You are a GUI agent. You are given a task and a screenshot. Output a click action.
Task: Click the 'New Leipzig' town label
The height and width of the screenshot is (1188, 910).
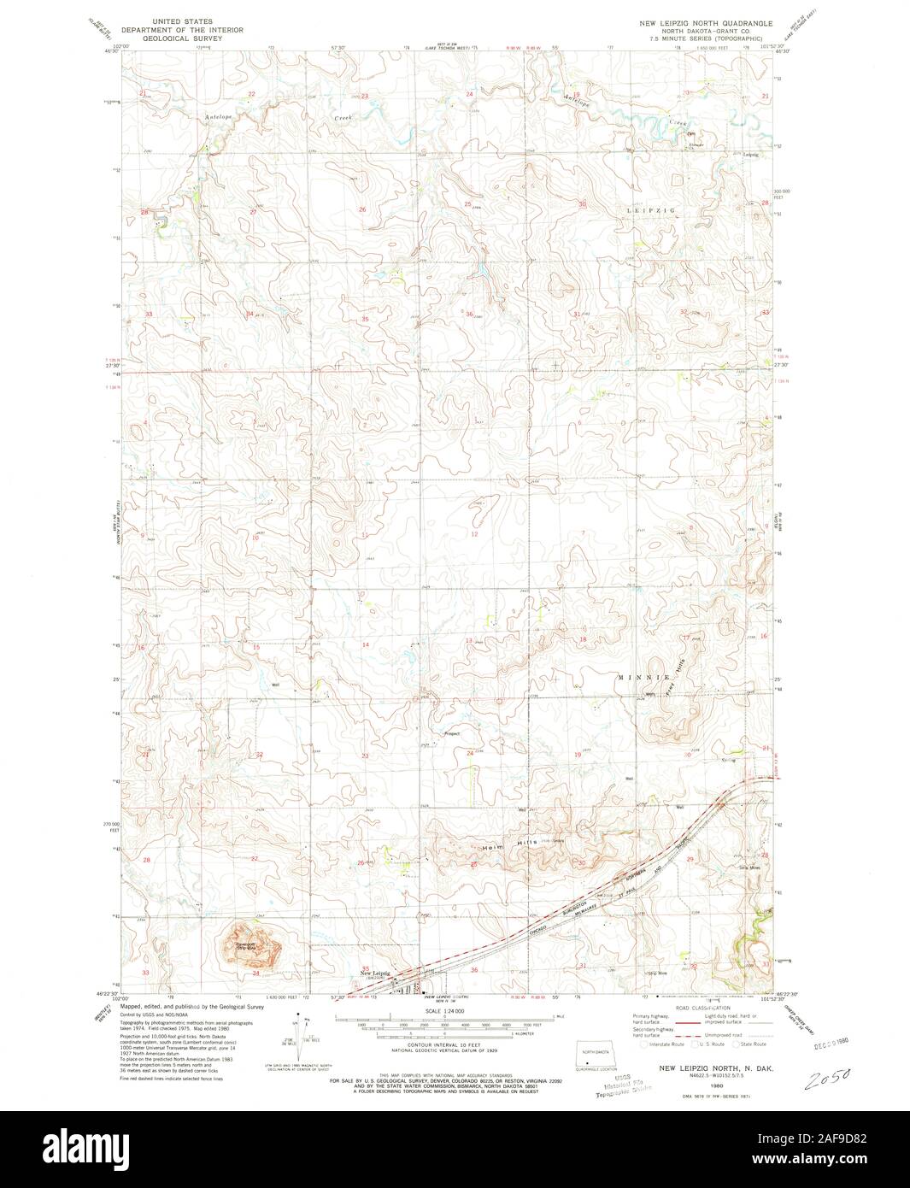374,973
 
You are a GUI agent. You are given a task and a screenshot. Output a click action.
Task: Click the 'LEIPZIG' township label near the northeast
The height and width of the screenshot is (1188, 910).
651,209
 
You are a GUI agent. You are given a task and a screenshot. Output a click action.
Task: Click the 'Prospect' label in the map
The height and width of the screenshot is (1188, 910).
452,733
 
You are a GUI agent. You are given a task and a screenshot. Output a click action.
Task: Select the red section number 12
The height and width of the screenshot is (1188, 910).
474,534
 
